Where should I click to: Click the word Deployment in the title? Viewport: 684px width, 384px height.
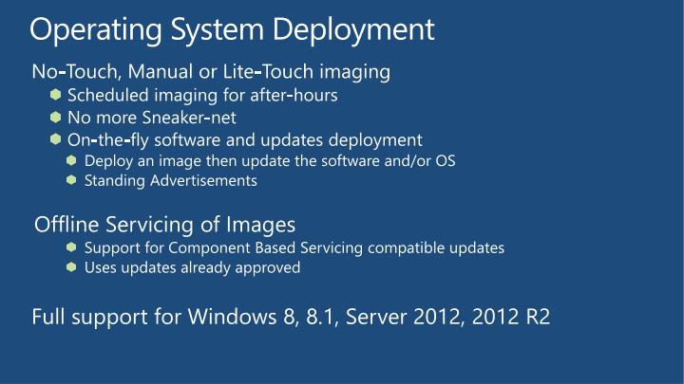354,30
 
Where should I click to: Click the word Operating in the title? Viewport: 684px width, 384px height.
84,30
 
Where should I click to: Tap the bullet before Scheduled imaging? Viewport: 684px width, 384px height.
57,96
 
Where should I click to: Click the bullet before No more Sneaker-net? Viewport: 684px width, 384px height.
57,118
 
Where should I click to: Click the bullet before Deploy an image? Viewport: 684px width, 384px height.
72,160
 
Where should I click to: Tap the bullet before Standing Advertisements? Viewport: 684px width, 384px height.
72,179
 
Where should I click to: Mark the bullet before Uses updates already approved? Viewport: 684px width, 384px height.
72,267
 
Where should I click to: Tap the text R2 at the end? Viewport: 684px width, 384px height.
538,316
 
